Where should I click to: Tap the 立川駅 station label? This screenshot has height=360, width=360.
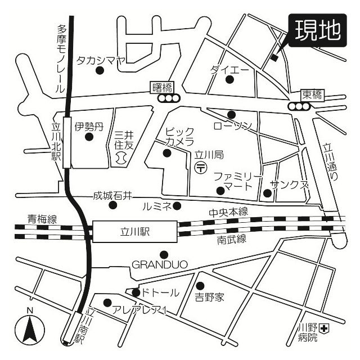pyautogui.click(x=136, y=231)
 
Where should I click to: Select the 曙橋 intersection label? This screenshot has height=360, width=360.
pyautogui.click(x=162, y=87)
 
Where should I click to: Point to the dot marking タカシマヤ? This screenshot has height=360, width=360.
pyautogui.click(x=100, y=70)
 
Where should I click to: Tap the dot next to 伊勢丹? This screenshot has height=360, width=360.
pyautogui.click(x=88, y=137)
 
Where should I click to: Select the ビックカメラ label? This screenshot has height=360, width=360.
pyautogui.click(x=179, y=136)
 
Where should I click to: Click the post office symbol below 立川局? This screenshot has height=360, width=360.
pyautogui.click(x=201, y=167)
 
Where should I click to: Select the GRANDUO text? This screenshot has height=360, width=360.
pyautogui.click(x=159, y=264)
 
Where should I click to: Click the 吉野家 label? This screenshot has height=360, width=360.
pyautogui.click(x=209, y=296)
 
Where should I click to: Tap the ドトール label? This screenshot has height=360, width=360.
pyautogui.click(x=160, y=292)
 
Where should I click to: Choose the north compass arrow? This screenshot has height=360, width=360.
pyautogui.click(x=30, y=328)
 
